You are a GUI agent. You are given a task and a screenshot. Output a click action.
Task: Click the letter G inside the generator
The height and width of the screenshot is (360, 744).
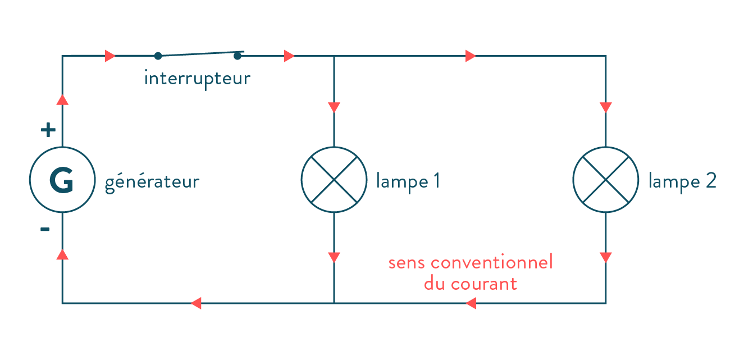61,180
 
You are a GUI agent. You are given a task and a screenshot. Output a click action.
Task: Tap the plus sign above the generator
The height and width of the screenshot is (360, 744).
49,131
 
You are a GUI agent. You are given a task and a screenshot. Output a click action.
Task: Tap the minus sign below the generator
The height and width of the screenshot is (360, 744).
45,230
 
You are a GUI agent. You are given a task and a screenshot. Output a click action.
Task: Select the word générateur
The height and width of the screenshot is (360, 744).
152,183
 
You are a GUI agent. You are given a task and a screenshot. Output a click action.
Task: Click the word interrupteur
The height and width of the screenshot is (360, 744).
197,78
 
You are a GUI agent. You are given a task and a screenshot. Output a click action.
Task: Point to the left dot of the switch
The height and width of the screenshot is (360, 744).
158,56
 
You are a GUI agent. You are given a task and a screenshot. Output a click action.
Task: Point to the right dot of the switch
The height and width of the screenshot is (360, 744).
238,55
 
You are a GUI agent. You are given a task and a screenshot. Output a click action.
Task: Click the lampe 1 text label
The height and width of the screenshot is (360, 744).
408,182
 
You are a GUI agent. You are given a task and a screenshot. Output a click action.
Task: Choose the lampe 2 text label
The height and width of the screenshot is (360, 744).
682,182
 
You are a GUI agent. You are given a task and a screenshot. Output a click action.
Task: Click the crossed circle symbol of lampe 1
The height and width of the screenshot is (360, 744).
334,180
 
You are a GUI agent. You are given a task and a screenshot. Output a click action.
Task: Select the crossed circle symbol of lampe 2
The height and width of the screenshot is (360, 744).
605,180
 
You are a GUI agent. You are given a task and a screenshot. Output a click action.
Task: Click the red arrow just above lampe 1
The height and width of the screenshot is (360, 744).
334,107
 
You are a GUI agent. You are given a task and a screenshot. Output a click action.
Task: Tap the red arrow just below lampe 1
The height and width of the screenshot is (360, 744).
334,257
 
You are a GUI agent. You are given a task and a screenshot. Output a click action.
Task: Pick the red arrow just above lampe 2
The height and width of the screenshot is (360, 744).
605,107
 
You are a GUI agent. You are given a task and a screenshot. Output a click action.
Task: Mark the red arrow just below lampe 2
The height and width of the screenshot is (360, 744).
605,257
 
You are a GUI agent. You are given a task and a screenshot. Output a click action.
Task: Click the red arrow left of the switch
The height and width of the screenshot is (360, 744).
110,56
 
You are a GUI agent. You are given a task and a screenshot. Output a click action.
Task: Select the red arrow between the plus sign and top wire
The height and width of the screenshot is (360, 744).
63,100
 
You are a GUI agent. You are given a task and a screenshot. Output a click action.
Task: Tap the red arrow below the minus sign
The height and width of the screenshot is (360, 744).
63,254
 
